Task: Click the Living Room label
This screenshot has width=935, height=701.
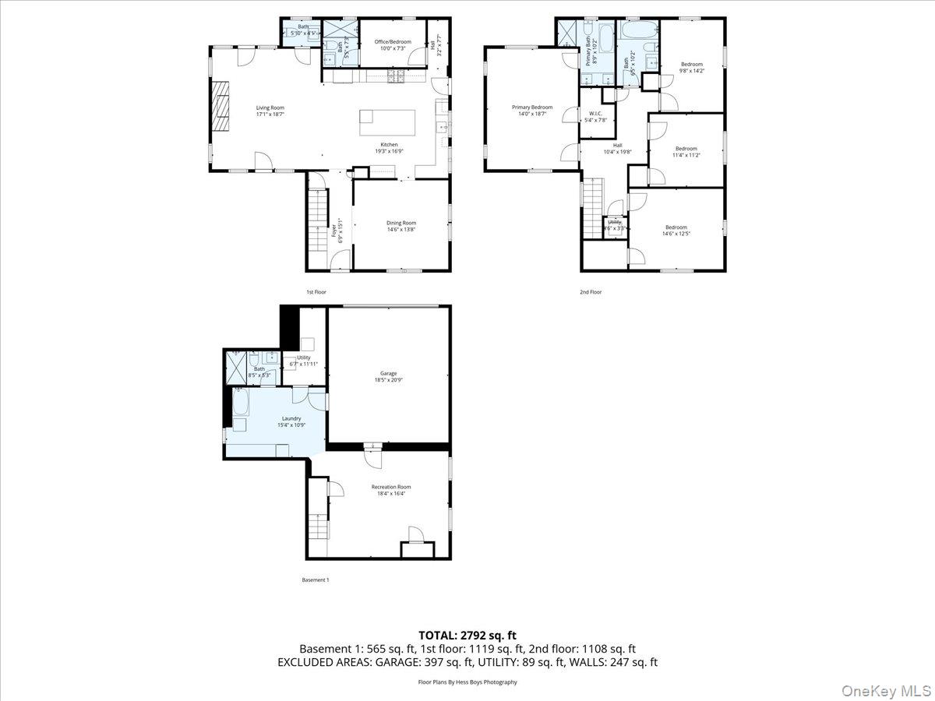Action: (270, 111)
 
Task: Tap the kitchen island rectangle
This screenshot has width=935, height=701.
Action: (386, 122)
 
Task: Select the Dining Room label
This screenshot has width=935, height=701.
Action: (401, 227)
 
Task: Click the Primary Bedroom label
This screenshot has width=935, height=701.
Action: (531, 111)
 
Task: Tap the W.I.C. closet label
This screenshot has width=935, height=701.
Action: (596, 117)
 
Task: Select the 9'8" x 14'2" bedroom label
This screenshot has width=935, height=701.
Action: (691, 68)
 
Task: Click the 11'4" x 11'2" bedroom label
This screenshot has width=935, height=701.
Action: (686, 152)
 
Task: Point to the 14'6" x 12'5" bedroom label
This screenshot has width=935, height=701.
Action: (676, 231)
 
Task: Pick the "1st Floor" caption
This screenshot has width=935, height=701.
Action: (316, 292)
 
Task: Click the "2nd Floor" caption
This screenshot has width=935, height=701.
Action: (591, 292)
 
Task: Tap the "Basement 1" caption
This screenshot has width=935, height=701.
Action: (316, 579)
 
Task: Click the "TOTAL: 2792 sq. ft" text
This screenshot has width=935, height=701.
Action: (467, 636)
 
